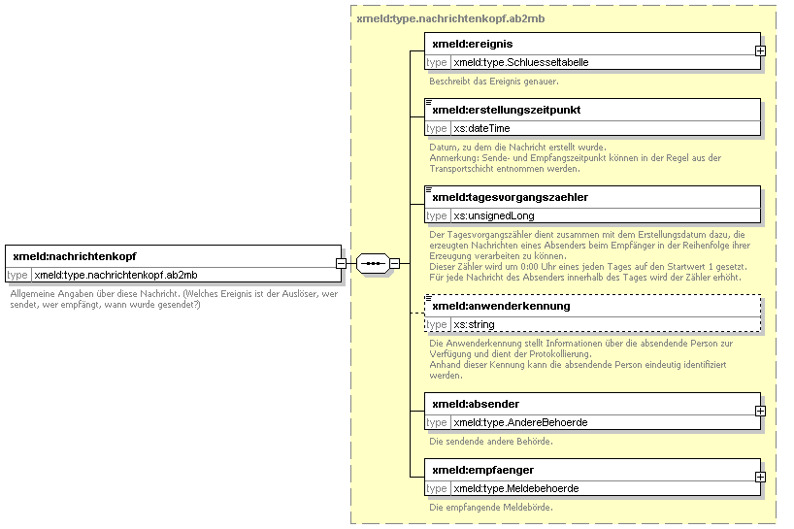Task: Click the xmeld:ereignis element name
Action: pos(473,44)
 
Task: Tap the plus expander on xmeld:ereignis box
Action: pos(760,51)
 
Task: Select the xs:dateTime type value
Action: pos(481,128)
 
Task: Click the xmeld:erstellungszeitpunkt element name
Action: pos(507,110)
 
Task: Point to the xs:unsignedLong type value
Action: pos(494,216)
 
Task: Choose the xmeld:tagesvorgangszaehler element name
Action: pos(510,197)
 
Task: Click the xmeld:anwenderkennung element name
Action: pos(501,306)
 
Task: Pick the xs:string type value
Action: pos(474,324)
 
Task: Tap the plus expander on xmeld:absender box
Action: pos(760,411)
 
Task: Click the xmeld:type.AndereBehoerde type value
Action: pos(520,422)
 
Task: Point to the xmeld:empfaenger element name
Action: pos(483,471)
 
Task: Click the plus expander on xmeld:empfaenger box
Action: pos(760,478)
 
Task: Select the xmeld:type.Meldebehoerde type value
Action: pos(516,489)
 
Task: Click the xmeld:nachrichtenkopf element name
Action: pos(75,256)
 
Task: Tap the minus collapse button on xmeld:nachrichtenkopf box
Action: pos(341,264)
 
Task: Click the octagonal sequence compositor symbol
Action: pos(373,264)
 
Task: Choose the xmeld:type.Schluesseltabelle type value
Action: pos(521,63)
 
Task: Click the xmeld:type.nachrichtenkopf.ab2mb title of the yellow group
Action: pos(450,19)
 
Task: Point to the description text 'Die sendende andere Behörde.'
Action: pos(491,442)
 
